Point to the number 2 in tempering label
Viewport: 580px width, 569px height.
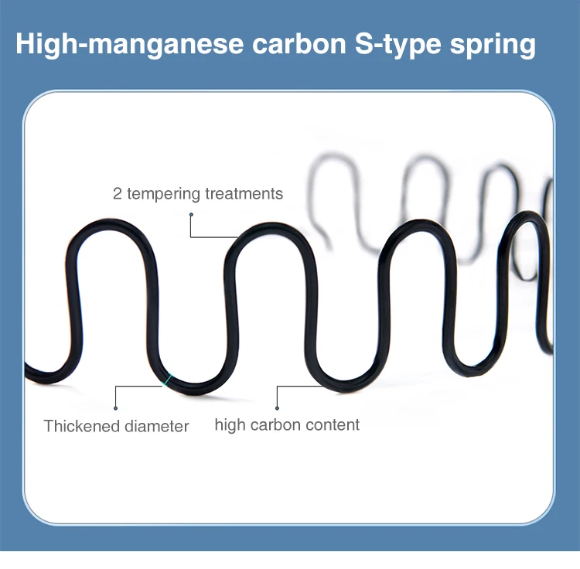pyautogui.click(x=118, y=193)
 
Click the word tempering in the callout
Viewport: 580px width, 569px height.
pyautogui.click(x=162, y=193)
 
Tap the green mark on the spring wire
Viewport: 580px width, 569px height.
pyautogui.click(x=167, y=380)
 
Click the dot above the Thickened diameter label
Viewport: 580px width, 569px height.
pyautogui.click(x=115, y=407)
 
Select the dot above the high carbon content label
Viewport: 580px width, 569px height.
pyautogui.click(x=277, y=407)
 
